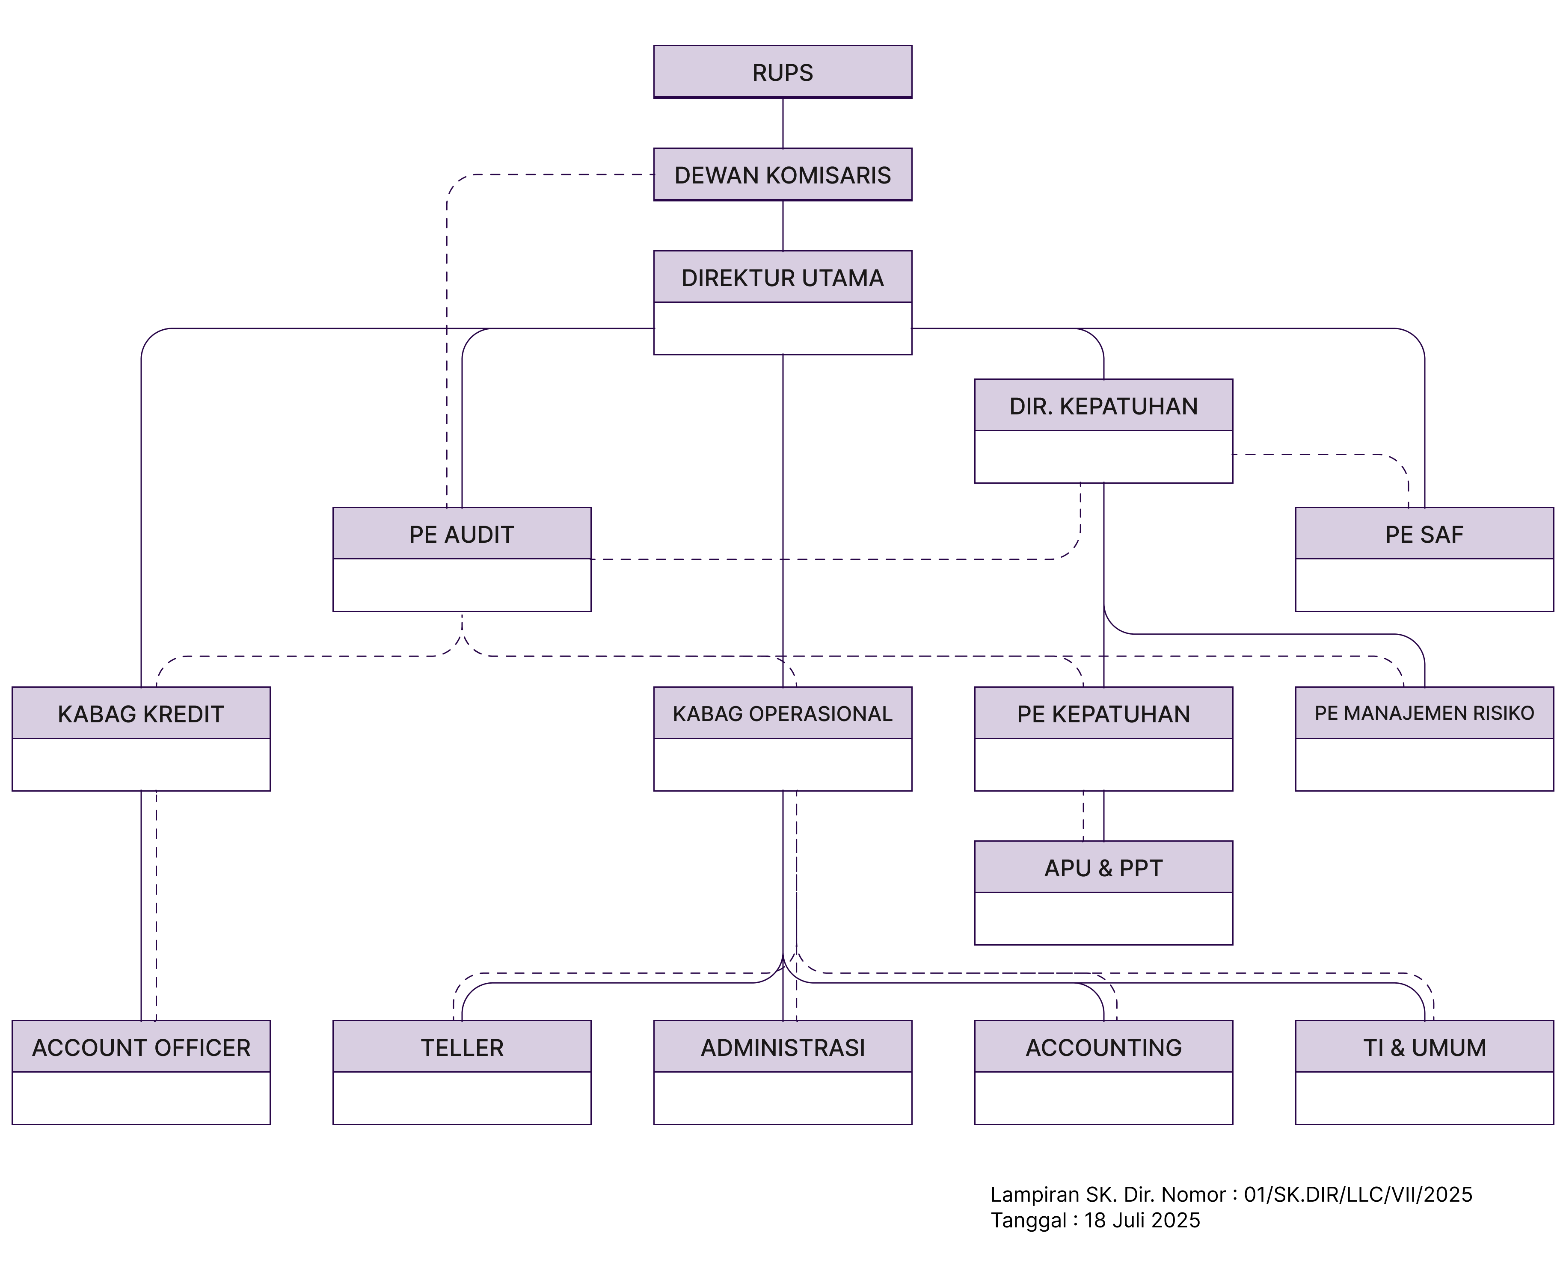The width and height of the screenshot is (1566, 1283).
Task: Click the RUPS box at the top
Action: tap(782, 72)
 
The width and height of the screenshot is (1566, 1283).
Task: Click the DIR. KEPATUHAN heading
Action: tap(1103, 406)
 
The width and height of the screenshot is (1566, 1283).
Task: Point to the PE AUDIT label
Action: tap(461, 534)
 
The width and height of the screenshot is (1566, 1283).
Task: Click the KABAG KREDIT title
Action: tap(140, 713)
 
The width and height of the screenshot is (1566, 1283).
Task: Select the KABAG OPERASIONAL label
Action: tap(782, 713)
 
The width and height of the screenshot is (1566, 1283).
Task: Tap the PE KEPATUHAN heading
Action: tap(1103, 713)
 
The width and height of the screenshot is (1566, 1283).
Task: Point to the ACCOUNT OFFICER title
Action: tap(140, 1047)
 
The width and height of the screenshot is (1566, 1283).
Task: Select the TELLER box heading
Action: tap(461, 1047)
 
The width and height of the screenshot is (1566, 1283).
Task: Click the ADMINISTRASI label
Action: tap(782, 1047)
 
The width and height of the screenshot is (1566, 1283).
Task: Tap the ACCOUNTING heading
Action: tap(1103, 1047)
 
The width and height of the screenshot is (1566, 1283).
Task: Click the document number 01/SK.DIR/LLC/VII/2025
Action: tap(1358, 1194)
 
